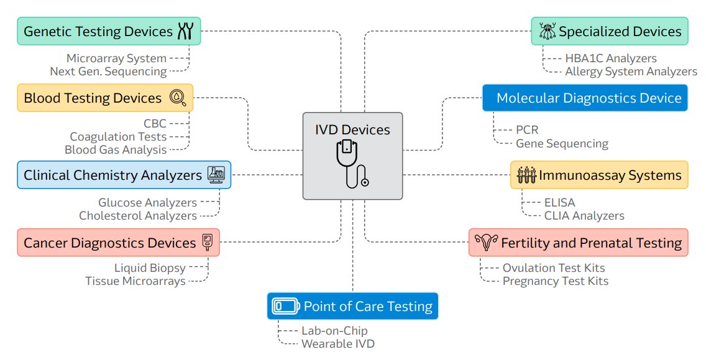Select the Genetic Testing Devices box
(x=109, y=31)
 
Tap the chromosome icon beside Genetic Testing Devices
(x=186, y=31)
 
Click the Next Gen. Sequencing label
(x=108, y=72)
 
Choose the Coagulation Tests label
(x=118, y=136)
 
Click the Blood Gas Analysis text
(x=116, y=150)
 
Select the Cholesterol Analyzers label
(x=138, y=216)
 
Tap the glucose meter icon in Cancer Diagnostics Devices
(x=208, y=243)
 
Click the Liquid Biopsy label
(x=150, y=268)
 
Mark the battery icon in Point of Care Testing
(x=286, y=306)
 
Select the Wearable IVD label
(x=338, y=343)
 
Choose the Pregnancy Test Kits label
(x=555, y=281)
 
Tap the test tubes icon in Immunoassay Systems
(x=526, y=175)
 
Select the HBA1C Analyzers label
(x=610, y=58)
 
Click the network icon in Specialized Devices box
(x=547, y=31)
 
